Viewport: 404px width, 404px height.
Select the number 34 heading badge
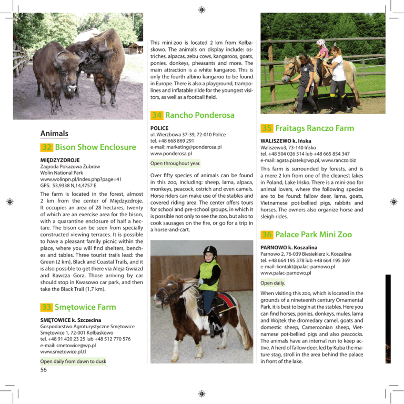(156, 115)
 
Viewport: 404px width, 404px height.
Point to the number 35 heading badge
(265, 128)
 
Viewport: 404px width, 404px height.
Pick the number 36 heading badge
(265, 235)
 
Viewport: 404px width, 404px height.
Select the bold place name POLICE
(159, 128)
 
